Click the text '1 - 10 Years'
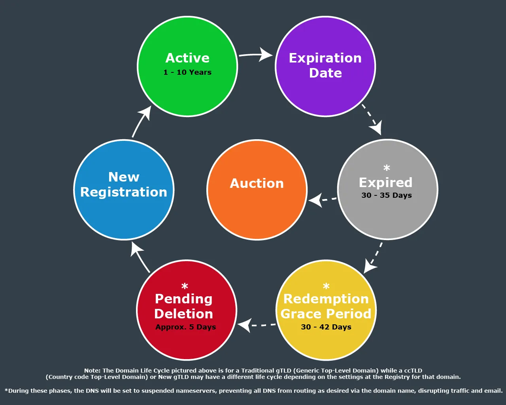pos(187,72)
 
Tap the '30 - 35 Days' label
pos(387,195)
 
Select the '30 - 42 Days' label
pos(326,327)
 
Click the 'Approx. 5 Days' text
pos(186,327)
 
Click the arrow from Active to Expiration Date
pos(256,55)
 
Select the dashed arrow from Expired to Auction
pos(322,200)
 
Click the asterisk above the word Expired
pos(387,168)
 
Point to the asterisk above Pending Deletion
pos(185,286)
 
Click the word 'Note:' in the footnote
pos(93,371)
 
